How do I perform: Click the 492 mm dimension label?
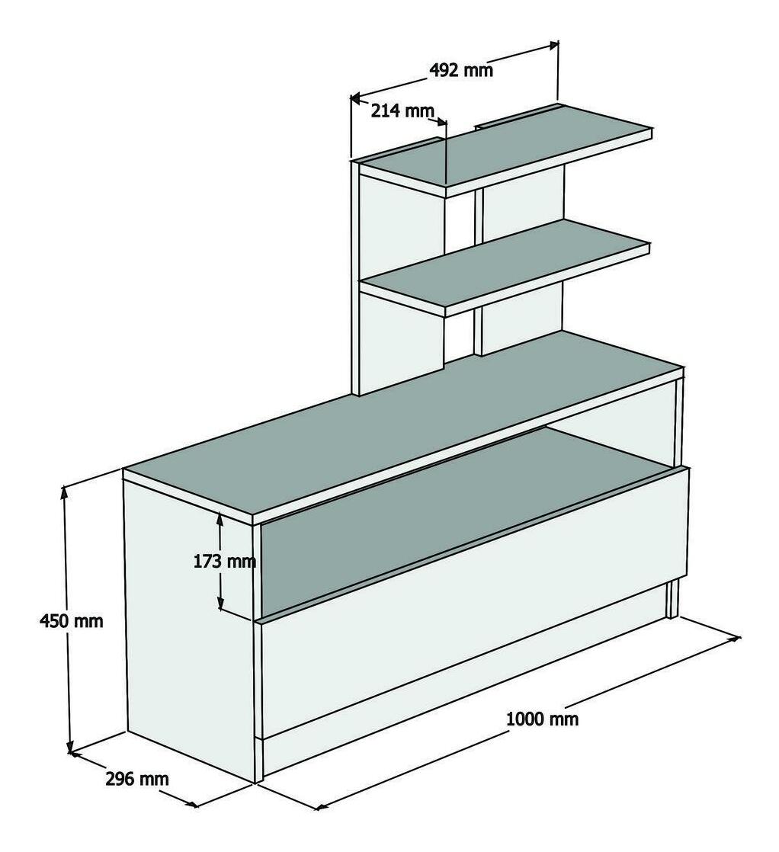pyautogui.click(x=461, y=70)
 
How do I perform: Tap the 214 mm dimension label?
pyautogui.click(x=402, y=111)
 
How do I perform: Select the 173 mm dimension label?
pyautogui.click(x=225, y=561)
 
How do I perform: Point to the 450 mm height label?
pyautogui.click(x=71, y=620)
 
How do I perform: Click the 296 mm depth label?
pyautogui.click(x=137, y=779)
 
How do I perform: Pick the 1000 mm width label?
pyautogui.click(x=542, y=719)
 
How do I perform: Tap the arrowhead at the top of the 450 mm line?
pyautogui.click(x=65, y=492)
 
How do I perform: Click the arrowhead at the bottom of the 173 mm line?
pyautogui.click(x=220, y=603)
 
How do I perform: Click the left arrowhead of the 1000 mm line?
pyautogui.click(x=322, y=806)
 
